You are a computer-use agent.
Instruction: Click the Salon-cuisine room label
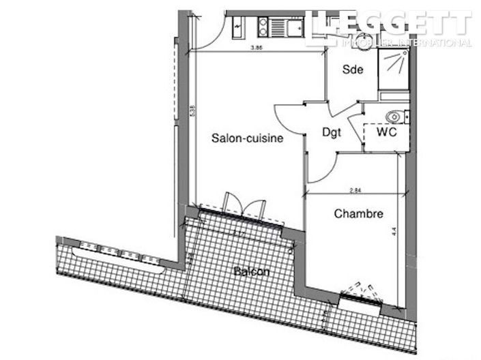247,138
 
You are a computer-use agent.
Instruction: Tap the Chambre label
358,214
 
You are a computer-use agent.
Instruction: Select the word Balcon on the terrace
252,272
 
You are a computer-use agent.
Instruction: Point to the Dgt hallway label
332,133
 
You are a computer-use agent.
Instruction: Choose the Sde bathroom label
352,70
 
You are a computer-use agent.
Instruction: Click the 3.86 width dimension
257,48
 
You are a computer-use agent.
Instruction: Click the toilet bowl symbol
394,115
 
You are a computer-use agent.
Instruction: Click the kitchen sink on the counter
280,27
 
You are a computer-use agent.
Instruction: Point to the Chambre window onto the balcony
360,292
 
